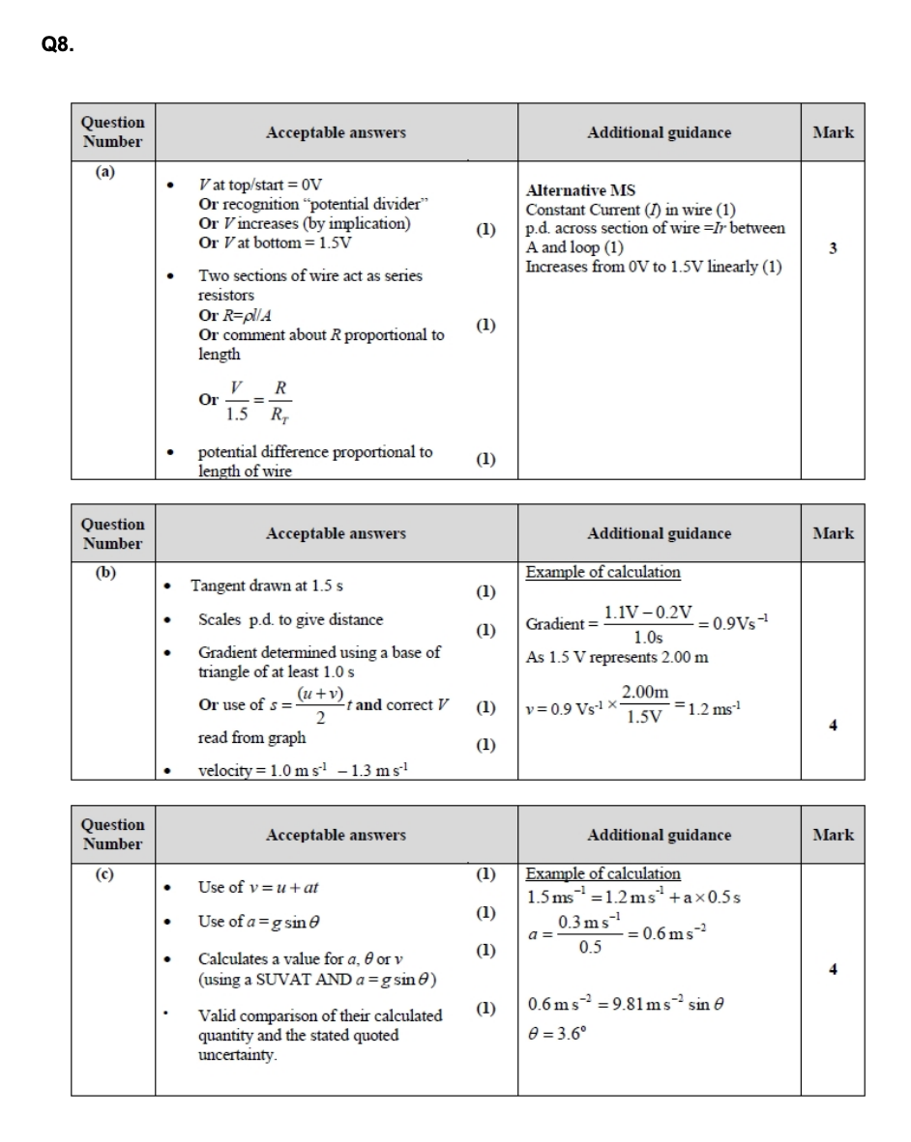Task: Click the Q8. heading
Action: point(56,43)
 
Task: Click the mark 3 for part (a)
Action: point(833,247)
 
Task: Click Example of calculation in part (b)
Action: point(602,572)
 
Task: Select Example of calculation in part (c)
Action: point(602,873)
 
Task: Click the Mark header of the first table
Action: point(833,132)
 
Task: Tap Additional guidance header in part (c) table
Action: point(659,835)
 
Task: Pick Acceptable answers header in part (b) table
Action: point(336,533)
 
